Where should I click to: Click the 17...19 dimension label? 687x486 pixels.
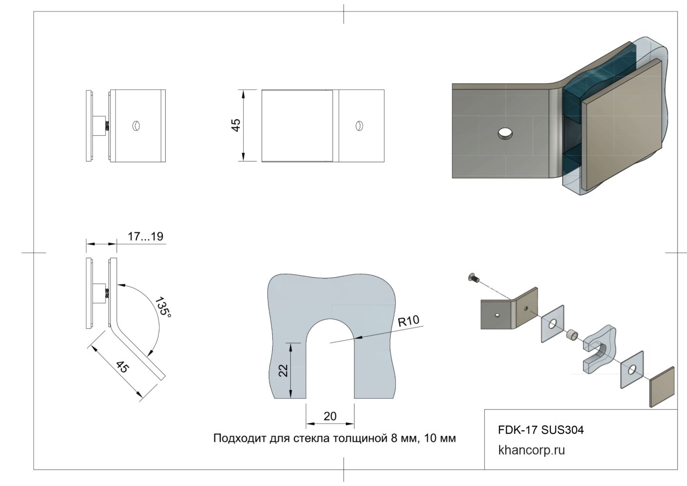(x=145, y=237)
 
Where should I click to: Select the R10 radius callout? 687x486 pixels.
(x=409, y=321)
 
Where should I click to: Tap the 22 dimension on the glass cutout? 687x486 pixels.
(x=284, y=370)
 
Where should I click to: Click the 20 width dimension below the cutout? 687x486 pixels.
(x=330, y=416)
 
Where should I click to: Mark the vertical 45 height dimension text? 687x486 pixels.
(x=236, y=125)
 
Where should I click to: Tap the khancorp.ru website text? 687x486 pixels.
(x=531, y=450)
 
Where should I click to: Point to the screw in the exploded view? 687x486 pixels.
(x=474, y=277)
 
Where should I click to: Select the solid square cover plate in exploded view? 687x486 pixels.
(x=662, y=387)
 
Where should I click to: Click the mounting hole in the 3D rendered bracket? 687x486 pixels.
(x=505, y=134)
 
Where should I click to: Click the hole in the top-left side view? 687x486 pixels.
(x=136, y=126)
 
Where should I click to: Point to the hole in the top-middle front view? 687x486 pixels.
(x=359, y=126)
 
